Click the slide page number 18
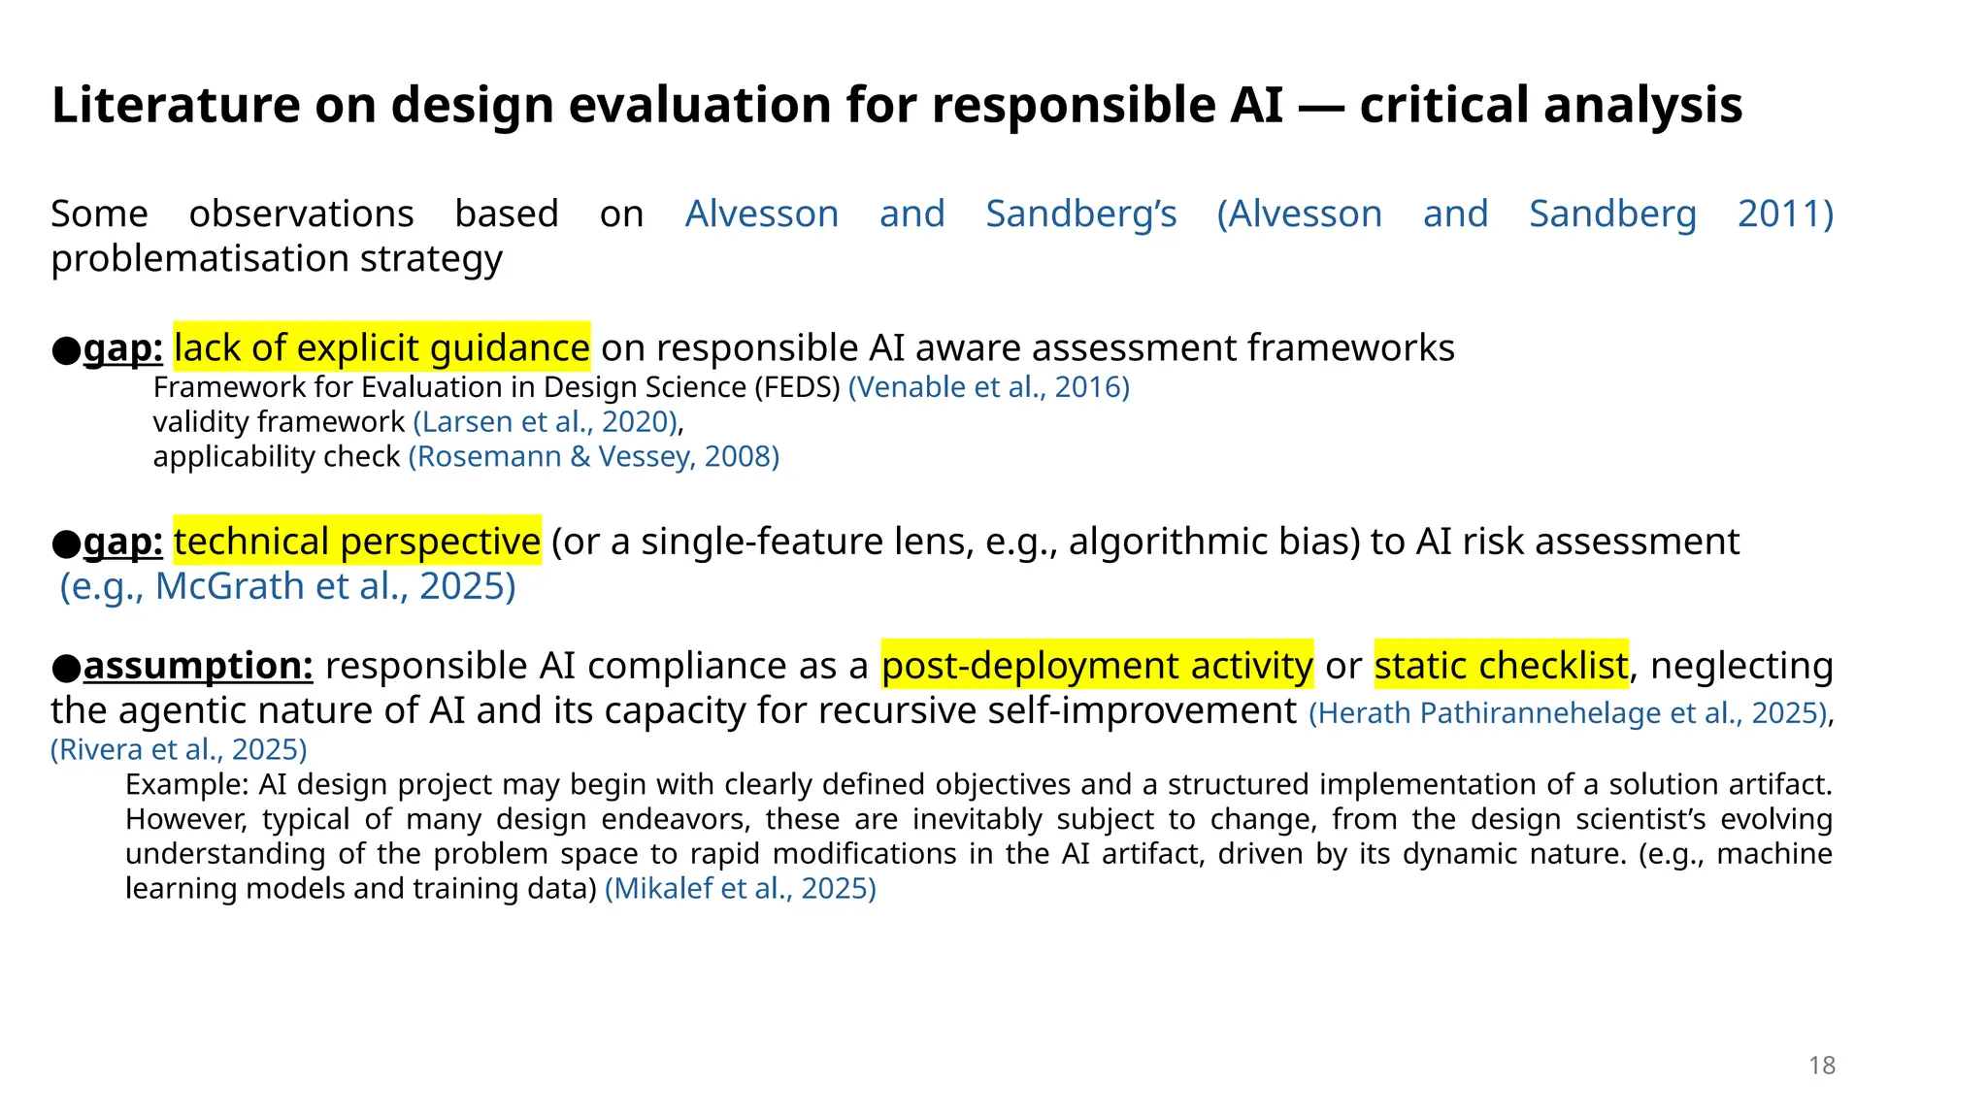1821,1066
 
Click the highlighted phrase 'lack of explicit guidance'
381,347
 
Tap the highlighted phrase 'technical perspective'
356,542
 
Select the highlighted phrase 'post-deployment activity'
1097,666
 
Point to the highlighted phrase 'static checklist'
1501,666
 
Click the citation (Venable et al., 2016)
988,387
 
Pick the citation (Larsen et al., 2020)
545,422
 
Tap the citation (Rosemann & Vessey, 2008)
593,457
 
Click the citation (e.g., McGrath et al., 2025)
287,586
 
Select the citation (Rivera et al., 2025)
179,749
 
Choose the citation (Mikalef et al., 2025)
740,889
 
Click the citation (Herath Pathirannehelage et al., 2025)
1568,713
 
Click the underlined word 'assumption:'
198,666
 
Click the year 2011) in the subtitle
1784,214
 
